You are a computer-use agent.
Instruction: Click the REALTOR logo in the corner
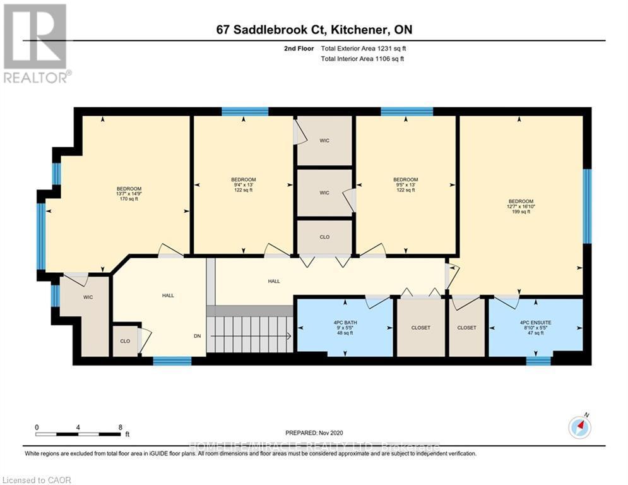36,43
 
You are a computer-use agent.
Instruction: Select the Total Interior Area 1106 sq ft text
362,59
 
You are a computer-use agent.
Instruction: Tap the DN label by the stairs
198,336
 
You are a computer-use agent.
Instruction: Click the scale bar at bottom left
78,434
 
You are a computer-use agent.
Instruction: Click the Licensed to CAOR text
37,480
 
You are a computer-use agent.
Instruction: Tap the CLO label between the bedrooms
324,237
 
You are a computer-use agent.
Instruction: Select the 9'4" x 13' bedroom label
243,184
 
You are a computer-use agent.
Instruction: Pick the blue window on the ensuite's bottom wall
538,361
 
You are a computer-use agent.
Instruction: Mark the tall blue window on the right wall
587,206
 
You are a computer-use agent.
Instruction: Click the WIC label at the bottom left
88,297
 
